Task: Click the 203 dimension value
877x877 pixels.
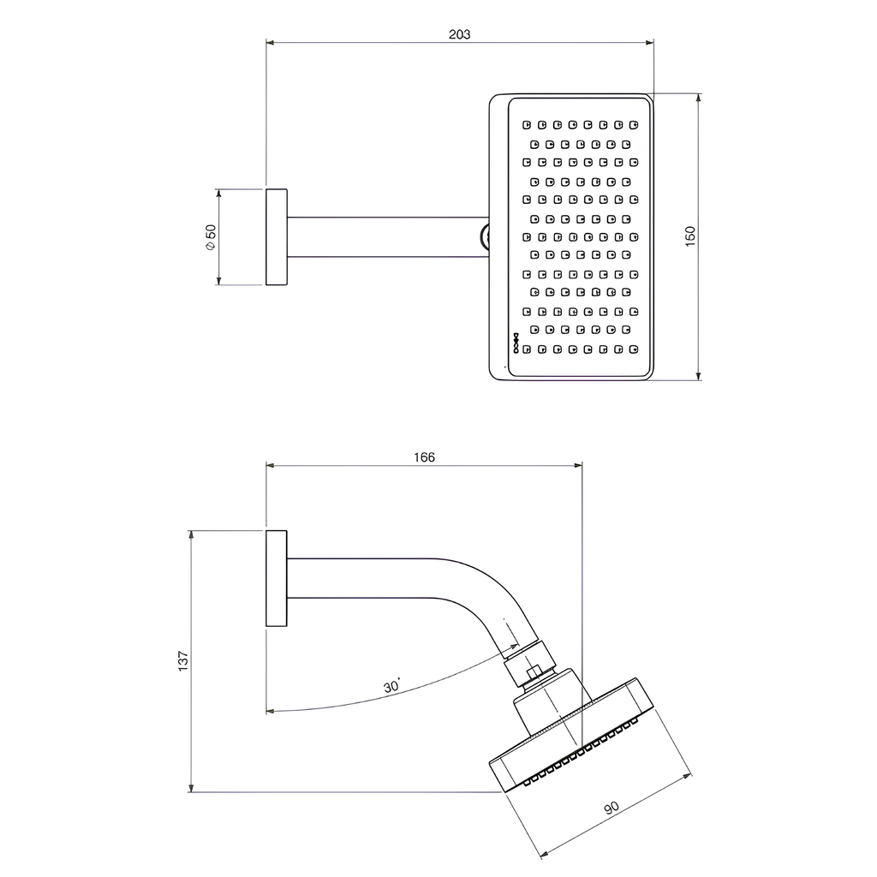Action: pyautogui.click(x=459, y=34)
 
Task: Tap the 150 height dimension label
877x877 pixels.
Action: pyautogui.click(x=690, y=236)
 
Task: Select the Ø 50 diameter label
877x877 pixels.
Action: pyautogui.click(x=211, y=237)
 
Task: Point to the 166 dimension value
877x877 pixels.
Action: pyautogui.click(x=424, y=457)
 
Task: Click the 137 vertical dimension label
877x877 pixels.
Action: pyautogui.click(x=183, y=661)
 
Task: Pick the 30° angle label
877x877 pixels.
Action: pyautogui.click(x=391, y=685)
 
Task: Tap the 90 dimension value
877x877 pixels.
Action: pyautogui.click(x=612, y=808)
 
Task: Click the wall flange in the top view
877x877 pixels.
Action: pyautogui.click(x=277, y=237)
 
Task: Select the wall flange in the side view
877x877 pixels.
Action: pyautogui.click(x=277, y=578)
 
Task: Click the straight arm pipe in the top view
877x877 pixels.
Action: pyautogui.click(x=388, y=237)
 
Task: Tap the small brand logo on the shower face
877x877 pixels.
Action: pyautogui.click(x=516, y=343)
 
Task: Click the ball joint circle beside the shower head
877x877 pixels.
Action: pyautogui.click(x=485, y=237)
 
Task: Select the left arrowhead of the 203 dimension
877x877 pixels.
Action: pyautogui.click(x=270, y=42)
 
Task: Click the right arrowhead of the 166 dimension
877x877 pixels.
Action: pyautogui.click(x=578, y=465)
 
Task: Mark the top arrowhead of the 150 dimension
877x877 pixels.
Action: pyautogui.click(x=698, y=98)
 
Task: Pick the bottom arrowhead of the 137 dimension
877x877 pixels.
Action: pyautogui.click(x=191, y=788)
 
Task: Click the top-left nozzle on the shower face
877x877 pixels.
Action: pyautogui.click(x=527, y=125)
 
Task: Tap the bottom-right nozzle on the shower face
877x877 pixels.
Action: pyautogui.click(x=634, y=349)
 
